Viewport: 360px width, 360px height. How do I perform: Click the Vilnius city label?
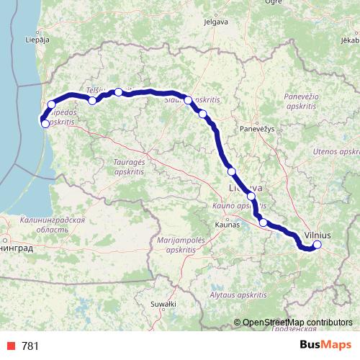click(318, 235)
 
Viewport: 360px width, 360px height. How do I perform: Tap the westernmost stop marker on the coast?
click(45, 123)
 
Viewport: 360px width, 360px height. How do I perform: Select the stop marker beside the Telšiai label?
click(92, 101)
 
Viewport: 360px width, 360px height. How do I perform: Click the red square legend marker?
click(12, 346)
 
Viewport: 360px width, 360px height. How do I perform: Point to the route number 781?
click(30, 346)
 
